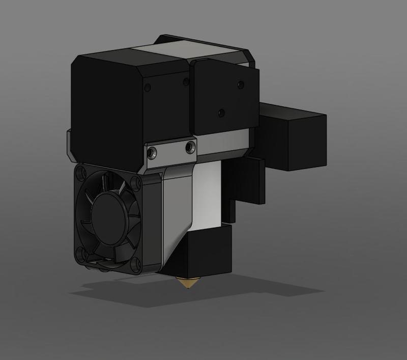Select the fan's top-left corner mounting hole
coord(80,175)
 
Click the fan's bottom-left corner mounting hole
coord(81,253)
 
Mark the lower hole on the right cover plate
coord(220,112)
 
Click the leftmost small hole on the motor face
coord(148,88)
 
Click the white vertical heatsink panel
coord(209,193)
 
